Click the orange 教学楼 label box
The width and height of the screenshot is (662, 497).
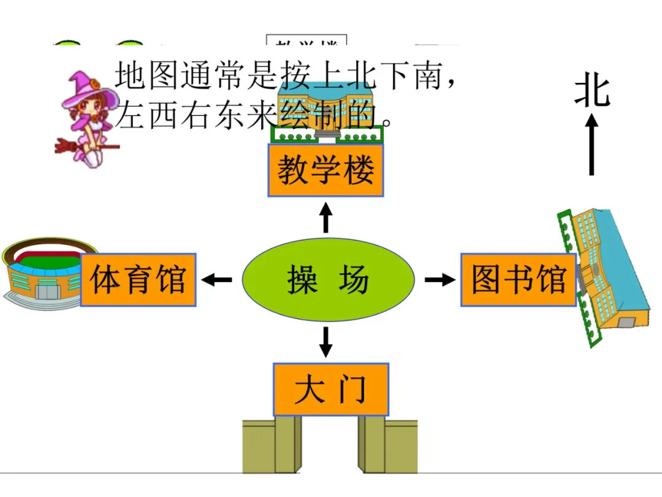click(325, 170)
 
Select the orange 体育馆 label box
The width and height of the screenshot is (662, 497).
click(138, 279)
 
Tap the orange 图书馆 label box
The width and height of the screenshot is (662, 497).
click(518, 279)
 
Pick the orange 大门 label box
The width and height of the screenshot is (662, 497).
click(330, 389)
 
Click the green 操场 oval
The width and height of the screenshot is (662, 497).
click(328, 280)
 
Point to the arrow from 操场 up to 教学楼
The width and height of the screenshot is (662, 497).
click(326, 217)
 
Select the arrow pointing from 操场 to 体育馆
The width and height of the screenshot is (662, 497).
click(217, 280)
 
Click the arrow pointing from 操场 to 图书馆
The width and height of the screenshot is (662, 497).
click(439, 280)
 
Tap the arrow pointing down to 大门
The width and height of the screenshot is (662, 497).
click(326, 342)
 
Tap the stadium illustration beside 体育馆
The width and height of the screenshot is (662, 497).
click(43, 273)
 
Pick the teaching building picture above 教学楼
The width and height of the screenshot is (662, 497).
click(325, 114)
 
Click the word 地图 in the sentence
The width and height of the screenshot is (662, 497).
click(146, 75)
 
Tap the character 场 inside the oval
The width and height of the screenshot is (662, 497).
click(354, 280)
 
